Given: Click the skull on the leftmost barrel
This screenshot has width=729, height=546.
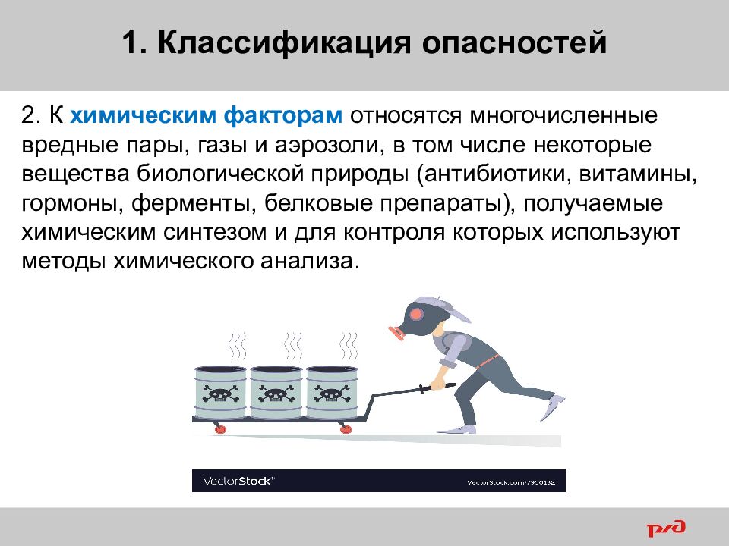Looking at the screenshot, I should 220,394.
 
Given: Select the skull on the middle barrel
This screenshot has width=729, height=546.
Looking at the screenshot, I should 274,394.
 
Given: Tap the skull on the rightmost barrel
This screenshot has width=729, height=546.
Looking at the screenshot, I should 329,394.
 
